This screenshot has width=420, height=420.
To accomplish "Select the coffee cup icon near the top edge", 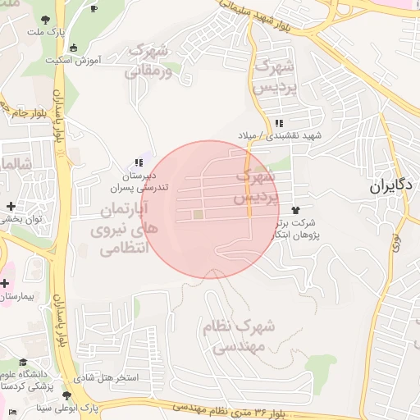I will pos(94,8).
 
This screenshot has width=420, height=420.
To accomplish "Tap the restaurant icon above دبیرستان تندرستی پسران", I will pos(138,162).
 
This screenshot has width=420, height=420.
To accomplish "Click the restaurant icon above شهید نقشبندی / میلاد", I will pos(279,123).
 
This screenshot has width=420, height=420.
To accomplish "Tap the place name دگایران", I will pos(389,185).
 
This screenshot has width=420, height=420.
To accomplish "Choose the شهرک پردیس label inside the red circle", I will pos(255,186).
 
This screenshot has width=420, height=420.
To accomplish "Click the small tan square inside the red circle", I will pos(198,215).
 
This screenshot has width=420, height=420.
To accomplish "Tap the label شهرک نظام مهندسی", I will pos(240,336).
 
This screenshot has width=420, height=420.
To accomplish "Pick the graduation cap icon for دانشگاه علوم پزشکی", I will pos(24,363).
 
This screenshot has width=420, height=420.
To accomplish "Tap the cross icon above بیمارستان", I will pos(5,282).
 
